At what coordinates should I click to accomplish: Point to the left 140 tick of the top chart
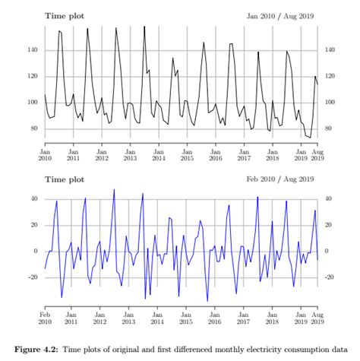coord(31,50)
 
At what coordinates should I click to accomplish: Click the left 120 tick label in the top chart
coord(31,76)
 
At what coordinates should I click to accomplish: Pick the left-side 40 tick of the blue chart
coord(33,199)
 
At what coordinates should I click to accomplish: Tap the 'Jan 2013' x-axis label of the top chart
coord(130,155)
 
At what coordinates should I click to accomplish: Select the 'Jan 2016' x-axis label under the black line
coord(215,155)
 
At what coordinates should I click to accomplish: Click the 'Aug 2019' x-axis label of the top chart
coord(317,155)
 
